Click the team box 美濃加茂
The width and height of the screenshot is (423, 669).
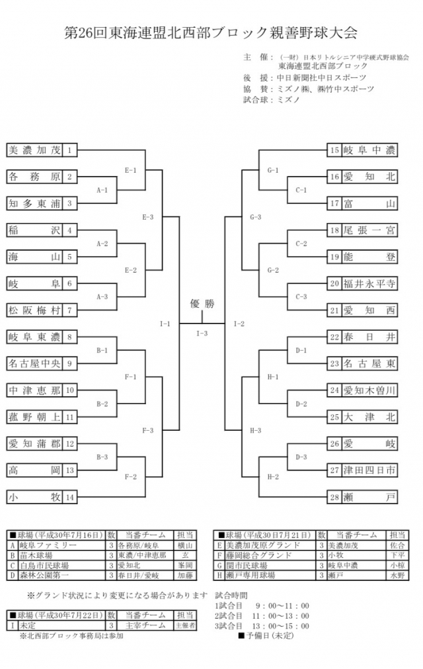click(x=34, y=150)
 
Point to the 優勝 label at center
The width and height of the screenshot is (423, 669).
click(x=202, y=304)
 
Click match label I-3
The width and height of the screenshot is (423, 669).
click(x=202, y=333)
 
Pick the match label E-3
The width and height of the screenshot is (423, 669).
click(x=147, y=217)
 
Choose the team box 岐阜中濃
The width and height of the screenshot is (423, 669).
click(x=369, y=150)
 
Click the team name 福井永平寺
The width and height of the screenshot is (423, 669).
click(x=369, y=283)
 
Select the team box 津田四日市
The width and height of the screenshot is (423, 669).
click(x=369, y=470)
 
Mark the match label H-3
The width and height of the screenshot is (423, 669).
click(x=256, y=430)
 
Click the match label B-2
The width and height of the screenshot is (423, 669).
click(x=102, y=404)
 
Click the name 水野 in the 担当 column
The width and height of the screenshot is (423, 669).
click(x=397, y=576)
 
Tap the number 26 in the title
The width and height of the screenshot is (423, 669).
click(x=88, y=32)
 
